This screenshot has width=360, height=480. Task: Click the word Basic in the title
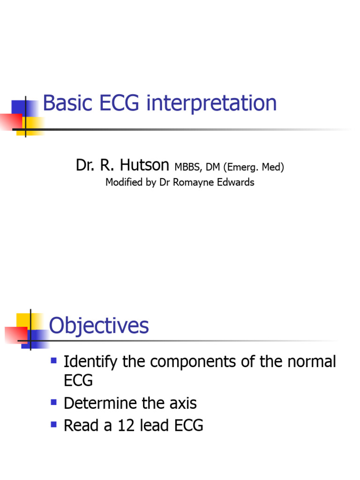click(67, 103)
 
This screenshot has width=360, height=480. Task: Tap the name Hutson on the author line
click(144, 165)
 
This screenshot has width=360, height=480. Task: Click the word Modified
click(123, 182)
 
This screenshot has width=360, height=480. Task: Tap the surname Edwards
click(237, 182)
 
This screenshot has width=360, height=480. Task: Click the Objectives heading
click(99, 325)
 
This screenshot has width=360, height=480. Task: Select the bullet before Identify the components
click(53, 361)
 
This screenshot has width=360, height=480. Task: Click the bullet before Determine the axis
click(53, 402)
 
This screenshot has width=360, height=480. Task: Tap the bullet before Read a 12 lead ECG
click(53, 425)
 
